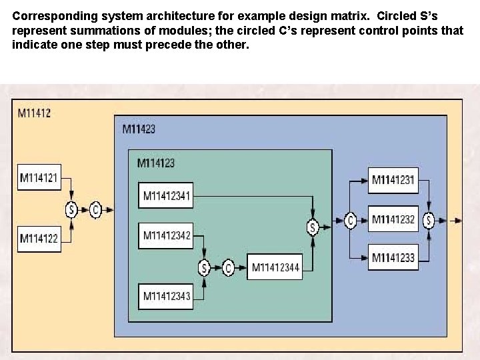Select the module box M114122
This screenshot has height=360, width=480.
coord(39,237)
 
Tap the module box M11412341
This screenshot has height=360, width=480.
coord(167,196)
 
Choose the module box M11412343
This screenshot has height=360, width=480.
coord(167,296)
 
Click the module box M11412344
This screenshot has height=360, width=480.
coord(275,268)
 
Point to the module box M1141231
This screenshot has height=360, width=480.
coord(393,179)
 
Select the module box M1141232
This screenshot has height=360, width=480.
coord(393,219)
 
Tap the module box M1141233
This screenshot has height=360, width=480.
coord(393,257)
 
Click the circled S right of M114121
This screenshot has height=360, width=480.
coord(71,210)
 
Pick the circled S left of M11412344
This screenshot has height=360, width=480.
coord(204,268)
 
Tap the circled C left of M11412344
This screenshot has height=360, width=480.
coord(229,268)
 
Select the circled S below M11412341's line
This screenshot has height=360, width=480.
coord(312,227)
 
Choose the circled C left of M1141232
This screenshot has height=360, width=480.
coord(351,219)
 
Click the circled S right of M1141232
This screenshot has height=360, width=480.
coord(429,219)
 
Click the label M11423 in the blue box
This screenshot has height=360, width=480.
coord(139,129)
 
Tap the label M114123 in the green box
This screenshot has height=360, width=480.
coord(156,162)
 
